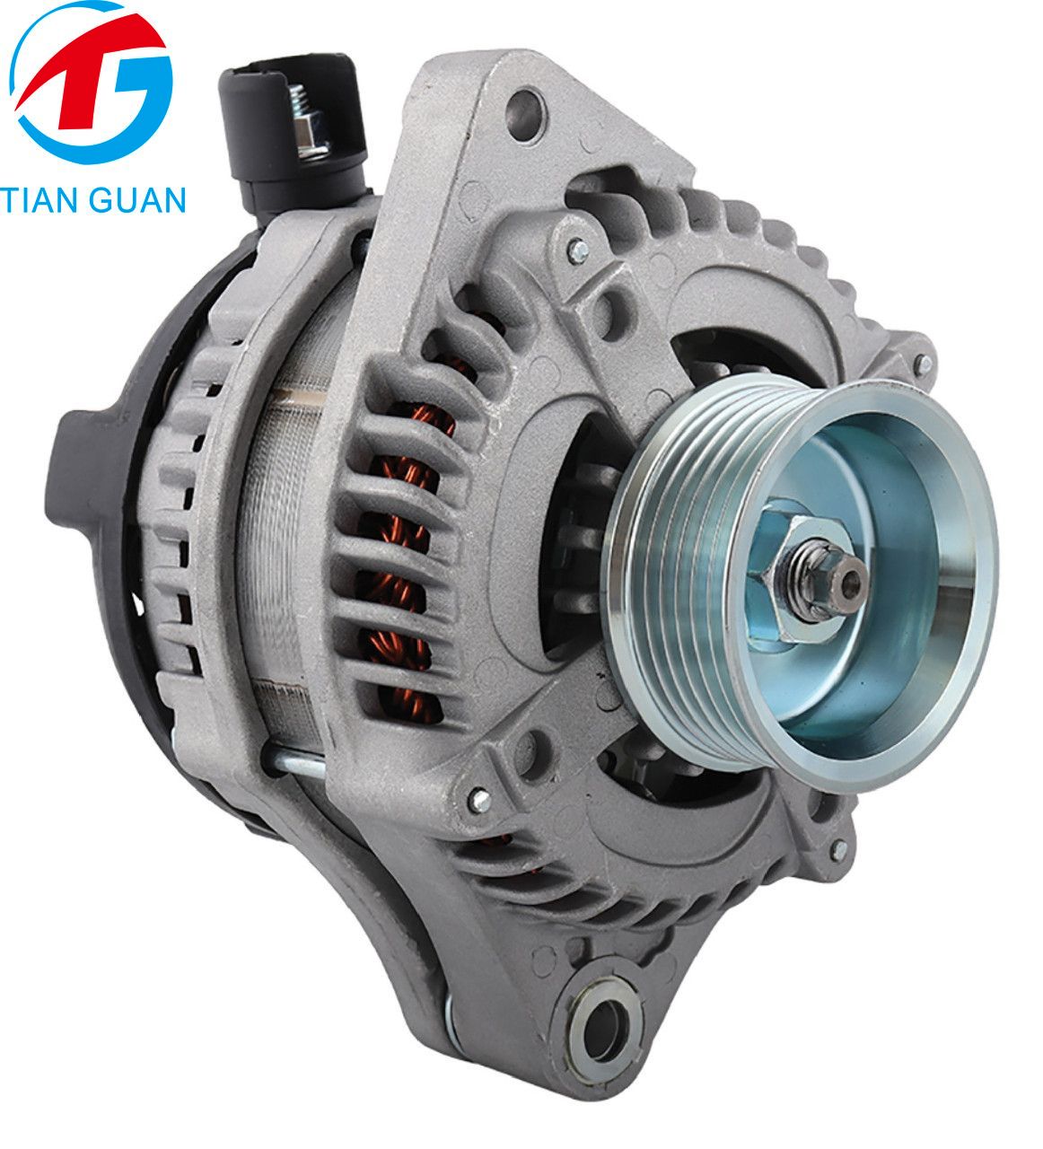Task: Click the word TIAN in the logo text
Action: point(44,198)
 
